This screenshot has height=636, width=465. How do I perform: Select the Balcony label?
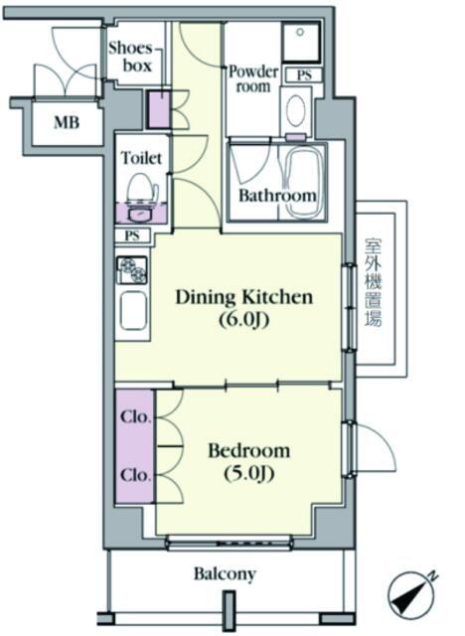coord(225,574)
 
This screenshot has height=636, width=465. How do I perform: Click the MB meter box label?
coord(67,122)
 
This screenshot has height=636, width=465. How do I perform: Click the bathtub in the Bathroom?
coord(304,183)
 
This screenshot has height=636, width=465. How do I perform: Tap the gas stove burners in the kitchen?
coord(132,269)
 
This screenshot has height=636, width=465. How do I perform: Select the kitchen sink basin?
coord(133,311)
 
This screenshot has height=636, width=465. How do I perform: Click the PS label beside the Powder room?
coord(304,76)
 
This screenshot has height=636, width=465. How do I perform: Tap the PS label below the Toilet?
coord(132,236)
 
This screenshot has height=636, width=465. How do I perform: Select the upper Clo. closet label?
coord(136,416)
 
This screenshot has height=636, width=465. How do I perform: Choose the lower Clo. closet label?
coord(136,475)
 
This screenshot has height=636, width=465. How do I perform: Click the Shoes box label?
coord(130,57)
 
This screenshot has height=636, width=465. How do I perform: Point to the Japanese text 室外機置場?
coord(374,282)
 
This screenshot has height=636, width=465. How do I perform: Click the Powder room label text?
coord(253,79)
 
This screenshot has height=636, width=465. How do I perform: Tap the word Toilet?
coord(141,158)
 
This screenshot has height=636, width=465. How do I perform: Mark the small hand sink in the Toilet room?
coord(140,214)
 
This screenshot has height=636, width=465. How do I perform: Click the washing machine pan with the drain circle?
coord(301,42)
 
